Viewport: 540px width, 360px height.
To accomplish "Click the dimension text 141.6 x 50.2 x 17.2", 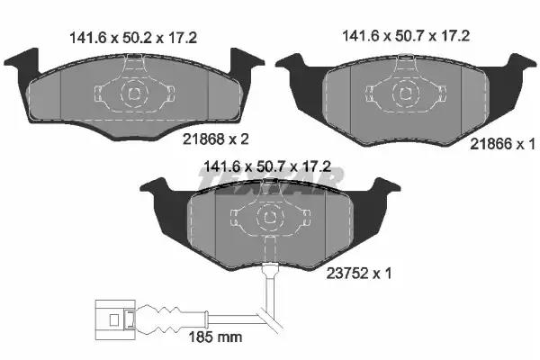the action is pos(133,38).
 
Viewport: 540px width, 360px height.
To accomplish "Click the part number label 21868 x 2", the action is pos(216,139).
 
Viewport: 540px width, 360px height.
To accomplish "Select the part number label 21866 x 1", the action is pos(502,144).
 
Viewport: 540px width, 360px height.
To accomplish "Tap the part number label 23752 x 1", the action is pos(359,274).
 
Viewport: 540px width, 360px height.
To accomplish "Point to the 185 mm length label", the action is pos(215,337).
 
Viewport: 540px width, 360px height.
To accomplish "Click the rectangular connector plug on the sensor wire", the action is pos(115,320).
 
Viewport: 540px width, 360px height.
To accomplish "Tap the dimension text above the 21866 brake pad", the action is pos(406,36).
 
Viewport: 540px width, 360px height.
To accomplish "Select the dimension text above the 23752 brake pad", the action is pos(267,166).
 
